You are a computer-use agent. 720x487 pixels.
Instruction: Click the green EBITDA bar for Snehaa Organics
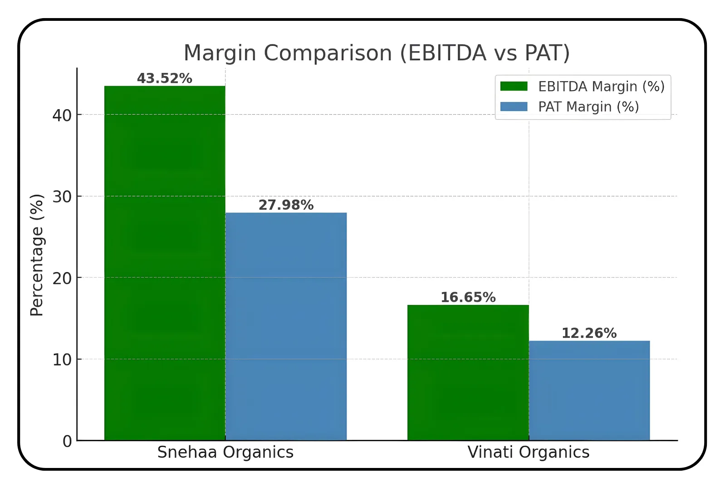click(165, 263)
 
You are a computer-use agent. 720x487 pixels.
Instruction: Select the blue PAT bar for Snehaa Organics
click(286, 326)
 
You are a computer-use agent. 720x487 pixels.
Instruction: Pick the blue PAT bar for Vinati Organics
click(589, 390)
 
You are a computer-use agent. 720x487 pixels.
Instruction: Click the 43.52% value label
click(165, 78)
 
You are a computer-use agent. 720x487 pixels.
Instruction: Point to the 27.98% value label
click(286, 205)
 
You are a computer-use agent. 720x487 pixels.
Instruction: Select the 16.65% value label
click(468, 298)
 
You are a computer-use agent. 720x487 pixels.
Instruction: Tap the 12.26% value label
click(589, 333)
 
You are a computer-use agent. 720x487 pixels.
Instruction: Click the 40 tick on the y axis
click(62, 116)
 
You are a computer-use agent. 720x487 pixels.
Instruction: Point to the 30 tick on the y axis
click(62, 197)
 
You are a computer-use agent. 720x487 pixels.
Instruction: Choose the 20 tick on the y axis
click(62, 279)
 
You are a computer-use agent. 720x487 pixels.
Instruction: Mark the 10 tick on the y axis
click(62, 360)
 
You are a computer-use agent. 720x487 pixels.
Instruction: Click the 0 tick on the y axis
click(67, 441)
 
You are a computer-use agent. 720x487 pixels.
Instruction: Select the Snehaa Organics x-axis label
click(225, 452)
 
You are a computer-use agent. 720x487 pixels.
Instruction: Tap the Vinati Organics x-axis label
click(528, 452)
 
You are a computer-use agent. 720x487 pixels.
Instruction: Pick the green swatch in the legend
click(514, 86)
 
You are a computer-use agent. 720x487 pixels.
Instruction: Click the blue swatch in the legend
click(514, 106)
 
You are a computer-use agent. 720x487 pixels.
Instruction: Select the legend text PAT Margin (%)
click(588, 107)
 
